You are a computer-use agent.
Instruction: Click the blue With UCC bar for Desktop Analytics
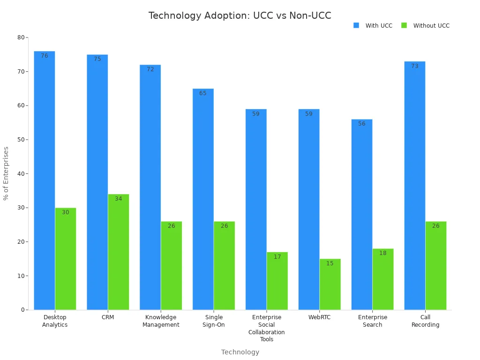[44, 180]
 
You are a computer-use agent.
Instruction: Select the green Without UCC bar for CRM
[118, 252]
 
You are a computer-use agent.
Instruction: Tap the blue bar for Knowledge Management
[150, 187]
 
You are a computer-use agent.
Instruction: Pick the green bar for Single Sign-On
[224, 265]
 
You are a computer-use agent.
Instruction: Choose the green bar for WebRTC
[330, 284]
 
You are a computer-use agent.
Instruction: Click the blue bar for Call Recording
[415, 186]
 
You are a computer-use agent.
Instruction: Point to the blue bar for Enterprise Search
[362, 214]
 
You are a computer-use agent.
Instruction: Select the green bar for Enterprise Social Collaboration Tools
[277, 281]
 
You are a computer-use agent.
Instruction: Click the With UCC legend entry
[374, 26]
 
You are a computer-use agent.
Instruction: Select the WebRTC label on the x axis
[319, 317]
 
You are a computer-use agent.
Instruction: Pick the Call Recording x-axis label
[425, 321]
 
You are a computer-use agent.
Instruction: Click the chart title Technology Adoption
[240, 15]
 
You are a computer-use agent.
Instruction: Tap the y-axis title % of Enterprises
[6, 173]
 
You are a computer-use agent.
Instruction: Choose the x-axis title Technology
[240, 352]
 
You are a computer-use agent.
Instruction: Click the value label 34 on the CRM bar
[118, 199]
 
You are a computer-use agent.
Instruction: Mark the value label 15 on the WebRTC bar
[330, 263]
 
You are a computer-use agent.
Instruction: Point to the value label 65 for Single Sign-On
[202, 93]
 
